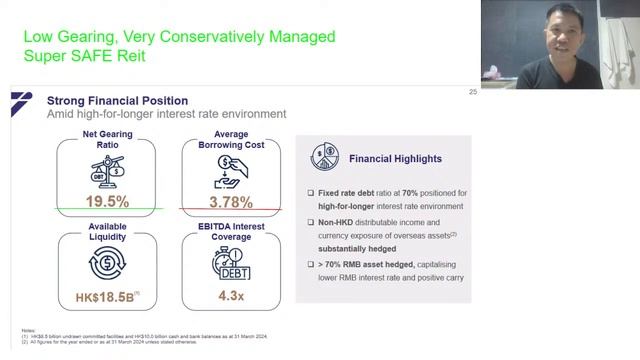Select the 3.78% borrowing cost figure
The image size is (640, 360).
[x=232, y=201]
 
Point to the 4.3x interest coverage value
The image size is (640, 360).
[x=232, y=296]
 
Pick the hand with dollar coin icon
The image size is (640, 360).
[x=232, y=172]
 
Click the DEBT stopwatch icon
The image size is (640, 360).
[x=232, y=265]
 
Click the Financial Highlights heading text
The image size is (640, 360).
[x=395, y=159]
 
